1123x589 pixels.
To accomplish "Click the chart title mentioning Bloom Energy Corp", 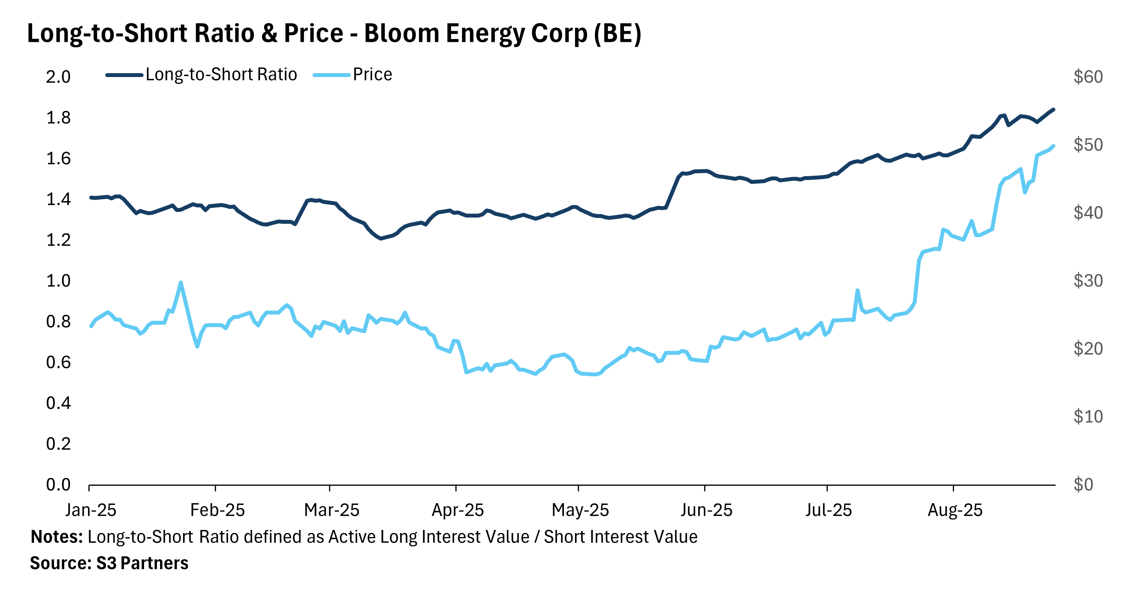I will click(334, 34).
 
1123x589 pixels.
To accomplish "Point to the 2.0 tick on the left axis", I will click(58, 77).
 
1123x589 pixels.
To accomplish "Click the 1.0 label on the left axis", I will click(58, 281).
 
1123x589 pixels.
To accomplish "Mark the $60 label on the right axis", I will click(1088, 77).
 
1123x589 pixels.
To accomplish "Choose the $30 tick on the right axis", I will click(1088, 281).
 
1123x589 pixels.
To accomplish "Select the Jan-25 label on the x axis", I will click(91, 510).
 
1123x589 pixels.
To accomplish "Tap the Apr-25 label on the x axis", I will click(458, 510).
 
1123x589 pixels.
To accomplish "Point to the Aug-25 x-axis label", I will click(955, 510).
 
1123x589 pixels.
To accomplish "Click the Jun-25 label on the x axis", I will click(707, 510).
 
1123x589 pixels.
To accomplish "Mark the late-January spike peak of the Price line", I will click(181, 282).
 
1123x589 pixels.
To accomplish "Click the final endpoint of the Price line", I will click(1054, 146).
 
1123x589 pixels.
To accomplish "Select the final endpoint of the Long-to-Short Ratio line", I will click(1054, 110).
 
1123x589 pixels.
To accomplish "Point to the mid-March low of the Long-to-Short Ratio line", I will click(381, 239).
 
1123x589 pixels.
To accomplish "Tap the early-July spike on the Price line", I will click(857, 290).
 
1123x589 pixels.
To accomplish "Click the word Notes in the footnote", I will click(56, 537).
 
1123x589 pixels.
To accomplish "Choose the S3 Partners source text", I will click(142, 563).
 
